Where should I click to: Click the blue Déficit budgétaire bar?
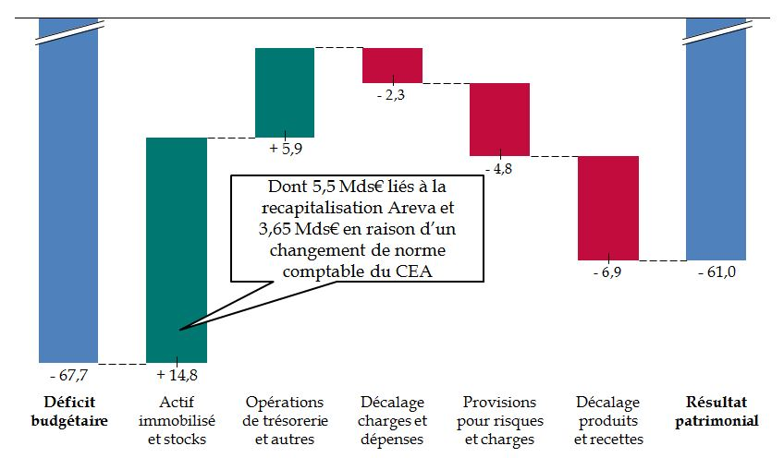[68, 203]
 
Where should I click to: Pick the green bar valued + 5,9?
[285, 92]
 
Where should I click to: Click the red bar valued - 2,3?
[392, 66]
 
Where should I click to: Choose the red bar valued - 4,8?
[499, 119]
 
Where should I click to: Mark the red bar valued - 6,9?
[608, 208]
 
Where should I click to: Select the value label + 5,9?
[285, 148]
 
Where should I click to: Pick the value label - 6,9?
[608, 273]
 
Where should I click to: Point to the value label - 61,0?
[716, 273]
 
